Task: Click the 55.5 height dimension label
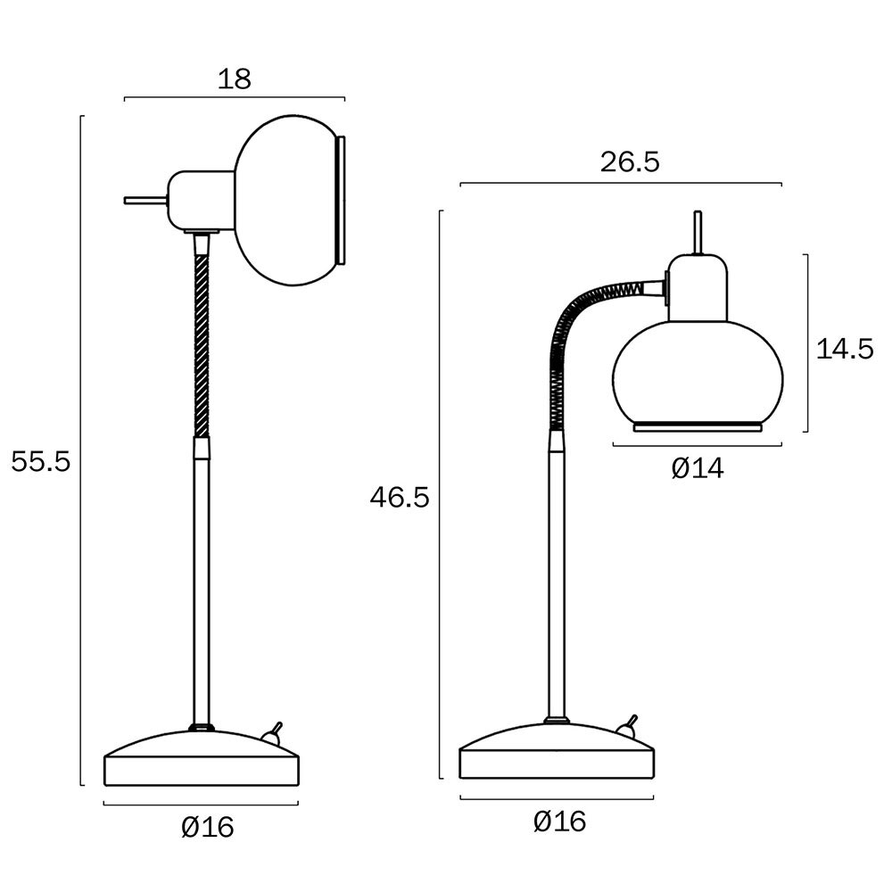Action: coord(41,461)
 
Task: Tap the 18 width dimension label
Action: coord(235,79)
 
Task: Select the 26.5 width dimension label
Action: coord(630,162)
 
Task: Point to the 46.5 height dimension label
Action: coord(400,498)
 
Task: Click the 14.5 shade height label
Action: coord(844,349)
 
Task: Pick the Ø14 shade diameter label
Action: coord(698,469)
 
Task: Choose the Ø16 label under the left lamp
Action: coord(208,827)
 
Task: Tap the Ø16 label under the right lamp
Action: coord(560,822)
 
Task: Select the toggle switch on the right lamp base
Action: coord(627,727)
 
